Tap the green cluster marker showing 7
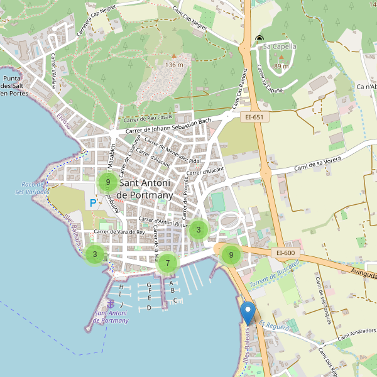(168, 263)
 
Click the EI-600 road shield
(285, 253)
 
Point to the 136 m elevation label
(174, 64)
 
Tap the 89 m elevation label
(281, 66)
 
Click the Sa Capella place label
(280, 46)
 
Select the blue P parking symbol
(93, 202)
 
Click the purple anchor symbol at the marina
(111, 304)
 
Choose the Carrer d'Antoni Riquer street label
(163, 221)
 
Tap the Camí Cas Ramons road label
(239, 88)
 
